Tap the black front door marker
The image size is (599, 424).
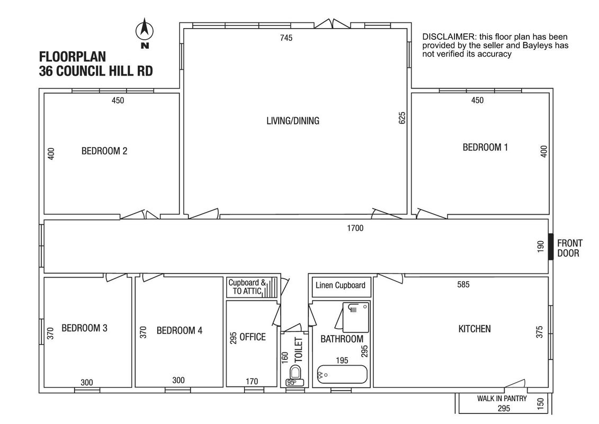coord(551,246)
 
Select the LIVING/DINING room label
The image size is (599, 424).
coord(293,121)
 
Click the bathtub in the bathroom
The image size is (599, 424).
coord(342,374)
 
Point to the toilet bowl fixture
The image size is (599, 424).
coord(295,375)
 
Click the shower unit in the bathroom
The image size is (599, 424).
coord(356,317)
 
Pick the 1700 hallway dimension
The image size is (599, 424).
coord(355,228)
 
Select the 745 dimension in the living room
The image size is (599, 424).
coord(286,38)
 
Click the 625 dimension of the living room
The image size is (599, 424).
coord(402,118)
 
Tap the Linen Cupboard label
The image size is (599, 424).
coord(341,285)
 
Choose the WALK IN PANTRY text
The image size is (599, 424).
coord(502,399)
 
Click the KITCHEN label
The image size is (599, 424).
coord(475,329)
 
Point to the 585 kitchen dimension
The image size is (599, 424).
coord(463,285)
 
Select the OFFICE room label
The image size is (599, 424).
coord(253,337)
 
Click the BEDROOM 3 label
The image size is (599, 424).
coord(84,328)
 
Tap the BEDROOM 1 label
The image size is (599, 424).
coord(485,147)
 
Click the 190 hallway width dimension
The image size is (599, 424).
coord(540,246)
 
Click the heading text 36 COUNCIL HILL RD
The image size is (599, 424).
coord(96,71)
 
